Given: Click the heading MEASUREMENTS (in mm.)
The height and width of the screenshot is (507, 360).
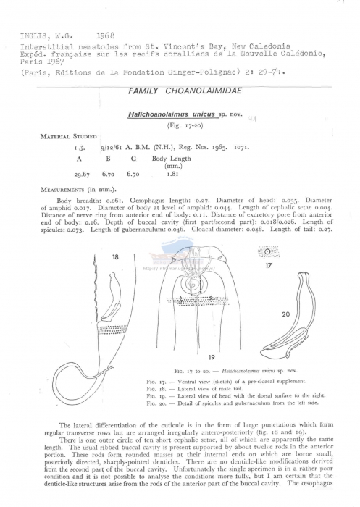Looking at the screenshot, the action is pos(67,190).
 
